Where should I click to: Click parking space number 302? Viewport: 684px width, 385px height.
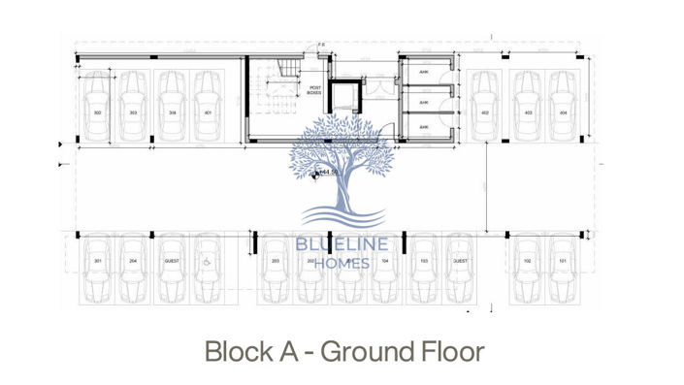(x=98, y=113)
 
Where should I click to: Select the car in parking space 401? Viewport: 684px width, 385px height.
(x=208, y=107)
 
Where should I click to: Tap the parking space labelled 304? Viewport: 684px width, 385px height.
(x=171, y=113)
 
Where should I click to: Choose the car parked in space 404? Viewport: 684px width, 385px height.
(x=563, y=107)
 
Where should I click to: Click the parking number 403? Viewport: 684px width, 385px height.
(x=528, y=113)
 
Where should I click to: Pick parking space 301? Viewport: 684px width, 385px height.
(x=98, y=262)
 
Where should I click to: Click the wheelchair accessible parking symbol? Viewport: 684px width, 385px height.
(x=207, y=261)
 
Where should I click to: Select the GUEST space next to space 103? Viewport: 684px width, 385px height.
(x=459, y=262)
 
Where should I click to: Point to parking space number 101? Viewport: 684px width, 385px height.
(x=563, y=262)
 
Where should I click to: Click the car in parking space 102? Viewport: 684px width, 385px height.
(x=527, y=270)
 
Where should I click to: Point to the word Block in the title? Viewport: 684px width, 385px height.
(x=234, y=351)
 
